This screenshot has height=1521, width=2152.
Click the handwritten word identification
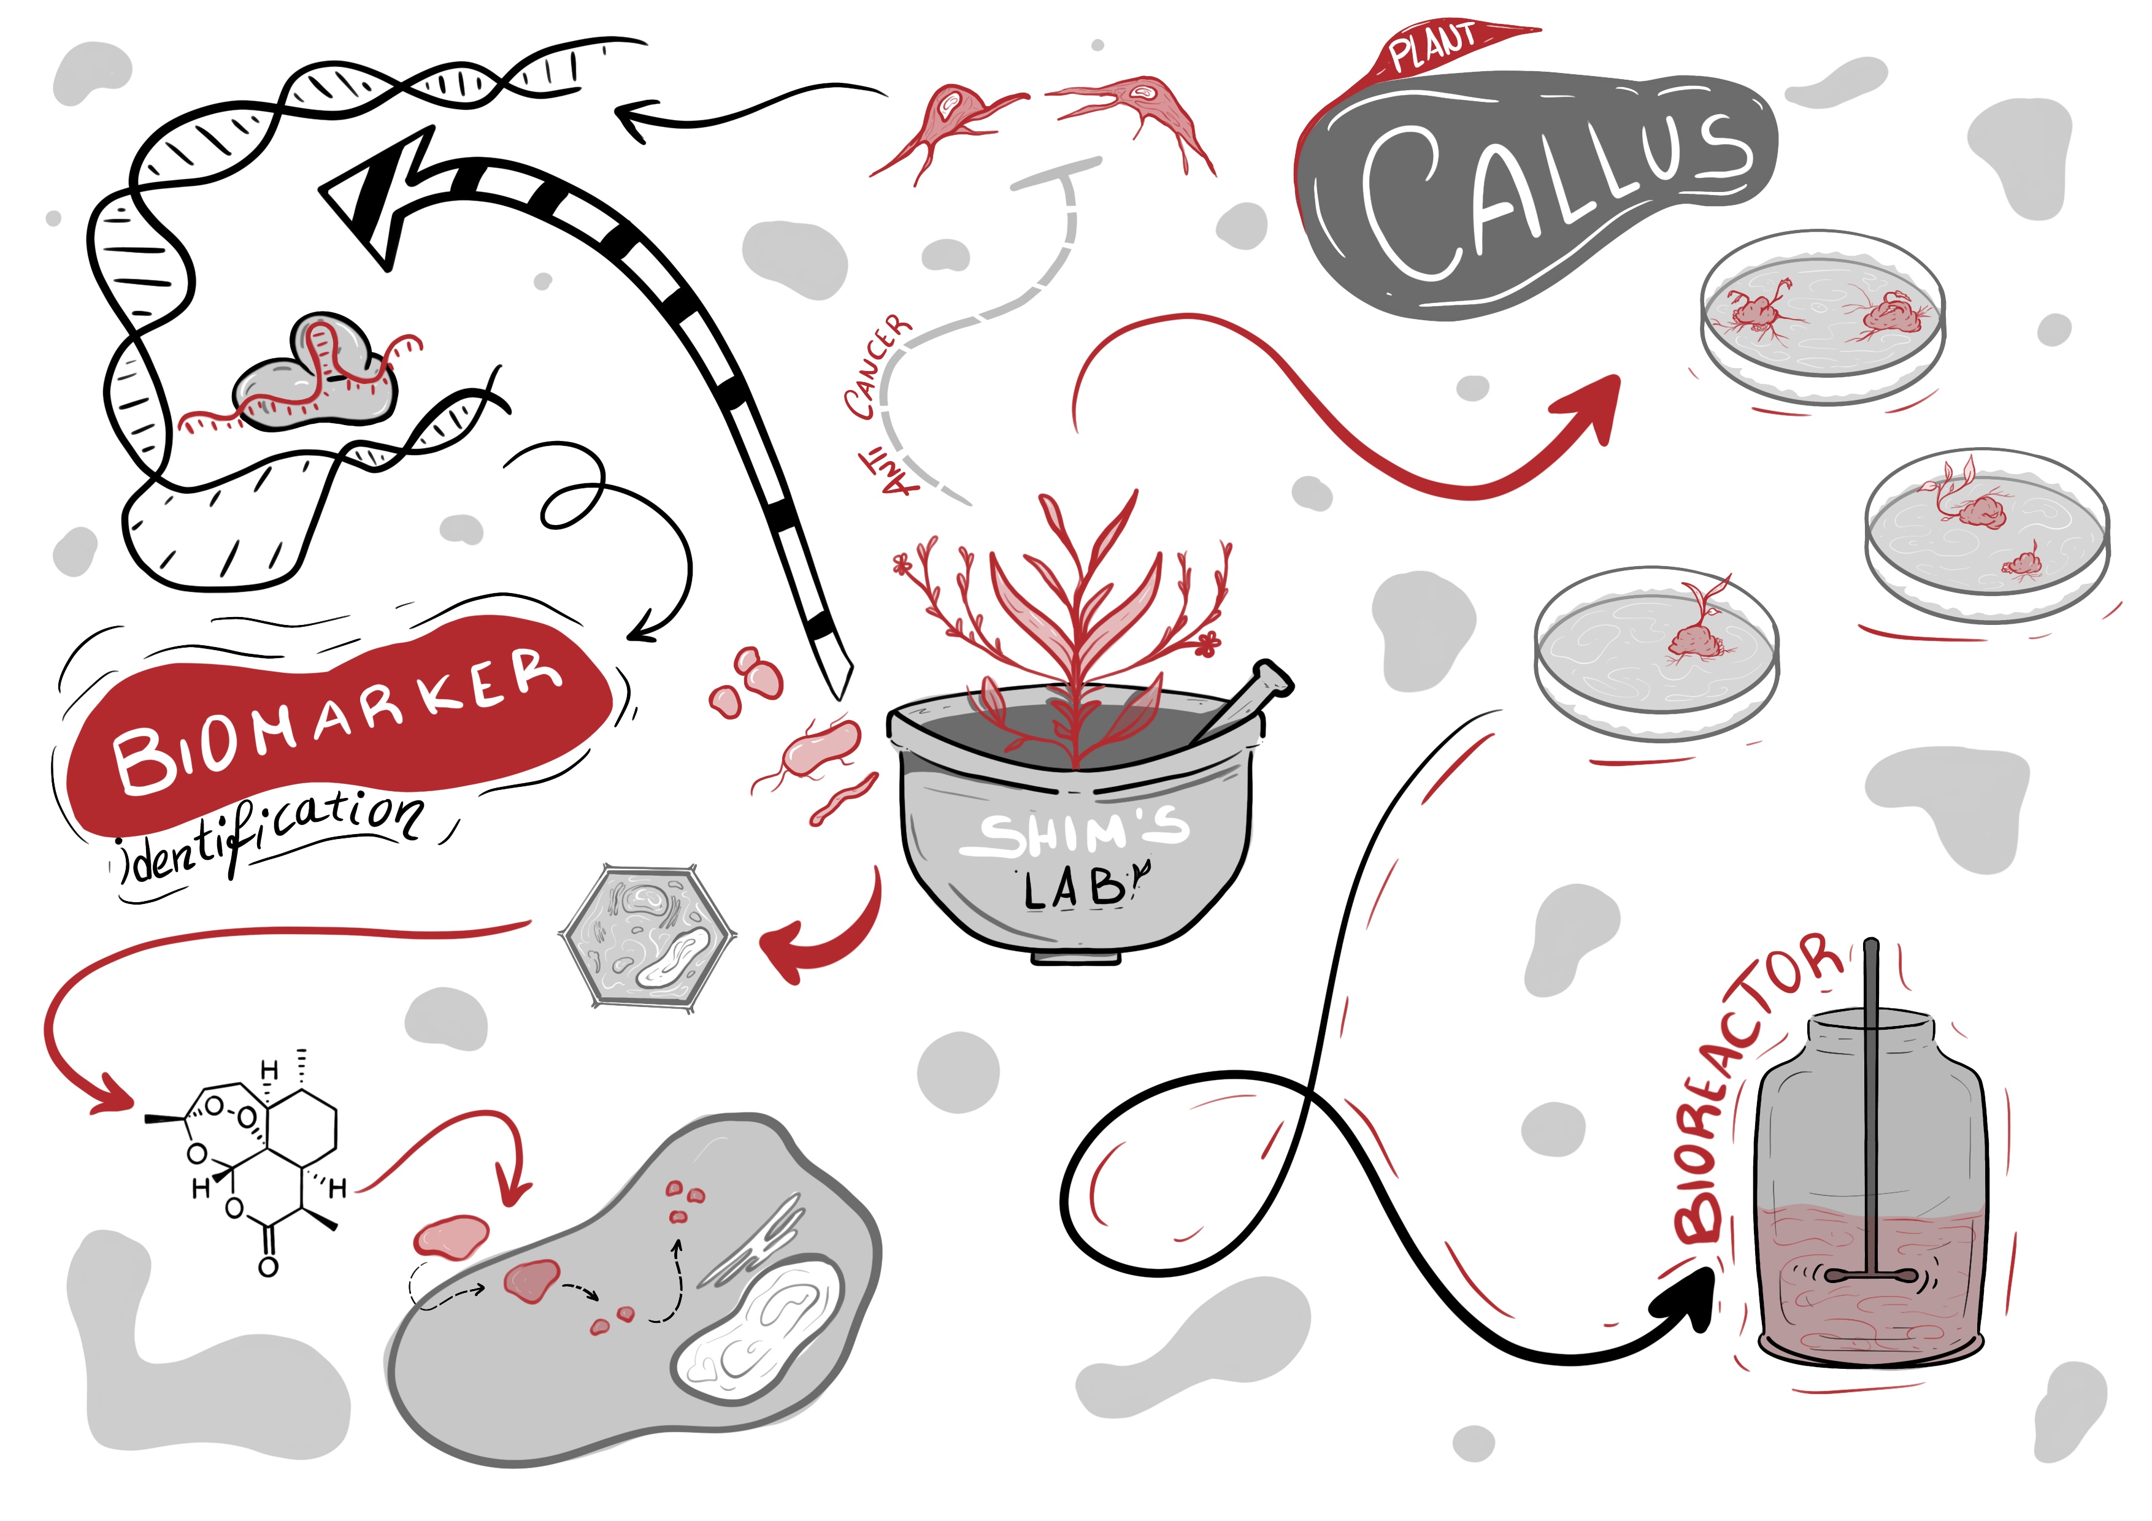pos(272,834)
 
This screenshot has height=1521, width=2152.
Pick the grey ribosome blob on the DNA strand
pos(314,375)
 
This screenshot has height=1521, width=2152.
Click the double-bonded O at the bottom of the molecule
pos(268,1267)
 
